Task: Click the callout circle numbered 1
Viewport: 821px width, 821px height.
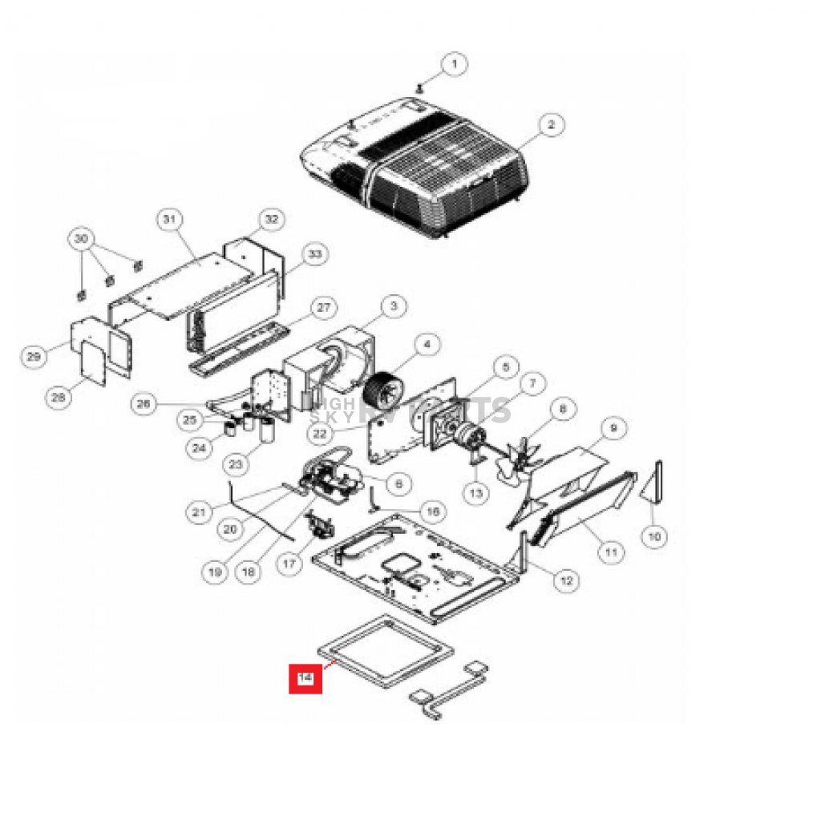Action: pyautogui.click(x=454, y=64)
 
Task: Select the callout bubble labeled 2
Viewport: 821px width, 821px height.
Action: pyautogui.click(x=551, y=125)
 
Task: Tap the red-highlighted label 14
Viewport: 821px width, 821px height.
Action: pyautogui.click(x=305, y=678)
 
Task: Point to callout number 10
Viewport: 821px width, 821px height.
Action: pyautogui.click(x=655, y=536)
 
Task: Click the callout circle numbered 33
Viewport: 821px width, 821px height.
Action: pyautogui.click(x=314, y=255)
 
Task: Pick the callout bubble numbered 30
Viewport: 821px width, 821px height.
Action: pyautogui.click(x=80, y=239)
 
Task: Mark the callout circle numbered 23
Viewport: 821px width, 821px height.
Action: pyautogui.click(x=237, y=463)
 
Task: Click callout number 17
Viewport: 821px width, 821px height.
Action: pyautogui.click(x=289, y=564)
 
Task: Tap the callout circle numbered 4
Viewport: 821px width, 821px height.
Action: pyautogui.click(x=427, y=345)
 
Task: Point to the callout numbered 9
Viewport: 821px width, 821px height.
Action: pyautogui.click(x=613, y=428)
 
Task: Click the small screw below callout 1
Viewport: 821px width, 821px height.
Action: pyautogui.click(x=419, y=87)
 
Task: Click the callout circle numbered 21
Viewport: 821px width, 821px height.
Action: pyautogui.click(x=199, y=511)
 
